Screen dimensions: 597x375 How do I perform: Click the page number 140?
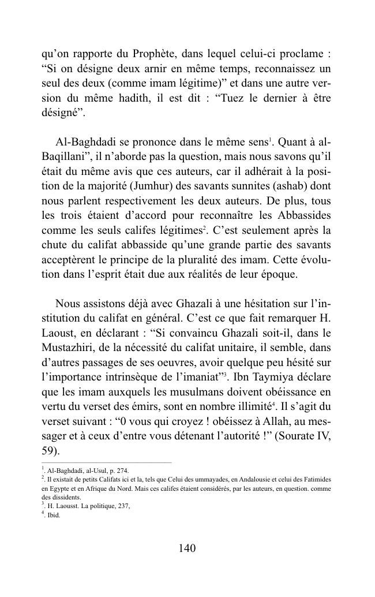(187, 549)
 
